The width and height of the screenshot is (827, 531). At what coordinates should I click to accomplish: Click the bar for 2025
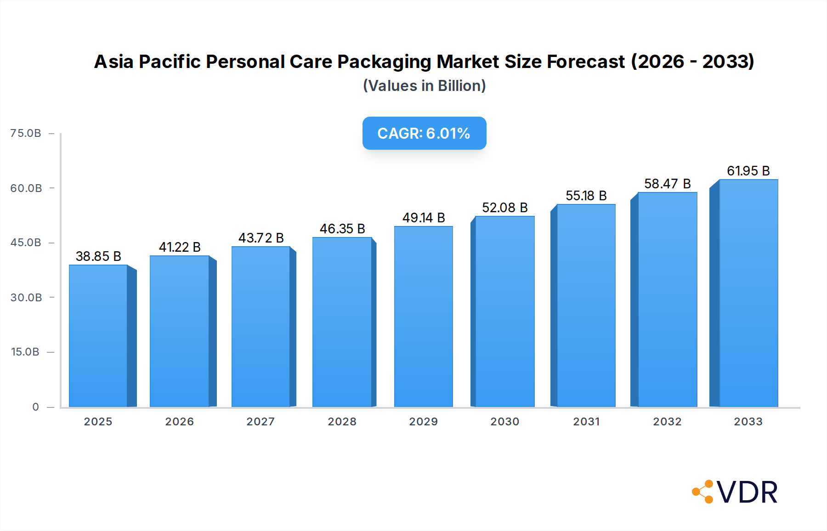coord(98,335)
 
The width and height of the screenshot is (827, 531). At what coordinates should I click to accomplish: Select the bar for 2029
coord(423,317)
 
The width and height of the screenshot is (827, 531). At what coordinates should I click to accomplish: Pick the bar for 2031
coord(586,305)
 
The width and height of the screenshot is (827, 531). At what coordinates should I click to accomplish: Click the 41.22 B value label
coord(180,247)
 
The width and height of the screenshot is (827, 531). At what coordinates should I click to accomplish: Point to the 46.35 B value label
coord(342,229)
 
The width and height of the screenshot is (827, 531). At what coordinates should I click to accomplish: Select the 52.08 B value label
coord(504,208)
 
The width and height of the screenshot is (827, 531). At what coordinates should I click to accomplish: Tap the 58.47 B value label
coord(667,184)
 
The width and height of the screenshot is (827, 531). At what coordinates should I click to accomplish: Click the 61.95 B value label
coord(748,171)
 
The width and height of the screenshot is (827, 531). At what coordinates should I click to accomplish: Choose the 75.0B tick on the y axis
coord(26,133)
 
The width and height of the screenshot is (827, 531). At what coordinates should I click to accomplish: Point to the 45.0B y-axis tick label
coord(26,243)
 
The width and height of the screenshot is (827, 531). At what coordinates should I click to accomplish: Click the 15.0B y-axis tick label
coord(25,352)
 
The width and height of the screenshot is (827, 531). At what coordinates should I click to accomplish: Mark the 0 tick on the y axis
coord(35,407)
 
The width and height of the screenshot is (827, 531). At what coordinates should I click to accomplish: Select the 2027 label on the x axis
coord(261,422)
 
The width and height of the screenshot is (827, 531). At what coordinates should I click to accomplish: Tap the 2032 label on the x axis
coord(667,422)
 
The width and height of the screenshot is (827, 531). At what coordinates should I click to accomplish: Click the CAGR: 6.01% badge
coord(424,133)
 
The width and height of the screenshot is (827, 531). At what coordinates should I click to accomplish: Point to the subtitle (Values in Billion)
coord(424,86)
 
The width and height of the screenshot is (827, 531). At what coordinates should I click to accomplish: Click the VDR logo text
coord(747,492)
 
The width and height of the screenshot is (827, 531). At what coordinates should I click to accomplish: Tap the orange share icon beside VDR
coord(703,492)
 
